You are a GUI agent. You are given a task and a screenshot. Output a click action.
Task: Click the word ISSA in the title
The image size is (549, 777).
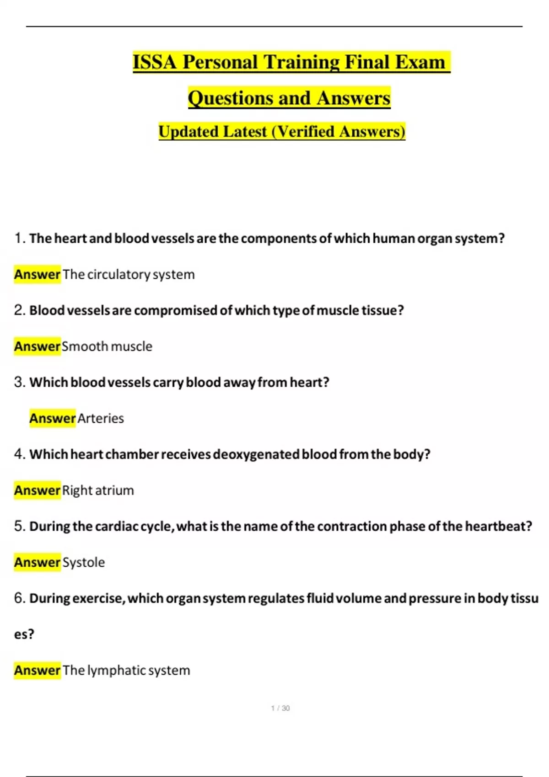pyautogui.click(x=154, y=62)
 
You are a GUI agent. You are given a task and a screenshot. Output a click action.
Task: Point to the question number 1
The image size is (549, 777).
pyautogui.click(x=19, y=238)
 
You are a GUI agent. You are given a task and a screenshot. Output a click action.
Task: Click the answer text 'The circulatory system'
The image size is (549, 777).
pyautogui.click(x=129, y=274)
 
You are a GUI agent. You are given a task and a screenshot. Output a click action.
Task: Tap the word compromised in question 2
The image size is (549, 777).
pyautogui.click(x=176, y=310)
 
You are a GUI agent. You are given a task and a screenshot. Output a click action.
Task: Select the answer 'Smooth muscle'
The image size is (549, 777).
pyautogui.click(x=107, y=346)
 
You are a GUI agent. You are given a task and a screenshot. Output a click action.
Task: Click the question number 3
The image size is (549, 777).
pyautogui.click(x=19, y=382)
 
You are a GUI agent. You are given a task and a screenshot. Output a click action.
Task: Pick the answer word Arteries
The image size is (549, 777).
pyautogui.click(x=101, y=418)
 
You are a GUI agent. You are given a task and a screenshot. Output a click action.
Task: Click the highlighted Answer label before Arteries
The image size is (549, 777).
pyautogui.click(x=52, y=418)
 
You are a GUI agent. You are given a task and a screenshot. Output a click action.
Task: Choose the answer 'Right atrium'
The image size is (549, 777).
pyautogui.click(x=98, y=490)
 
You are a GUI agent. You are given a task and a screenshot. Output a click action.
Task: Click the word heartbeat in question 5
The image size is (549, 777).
pyautogui.click(x=498, y=526)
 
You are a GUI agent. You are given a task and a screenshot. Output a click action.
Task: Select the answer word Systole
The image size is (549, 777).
pyautogui.click(x=83, y=562)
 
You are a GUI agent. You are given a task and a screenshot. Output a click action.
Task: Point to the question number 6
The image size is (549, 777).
pyautogui.click(x=19, y=598)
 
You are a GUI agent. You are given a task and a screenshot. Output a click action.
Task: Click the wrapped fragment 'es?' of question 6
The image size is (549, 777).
pyautogui.click(x=24, y=634)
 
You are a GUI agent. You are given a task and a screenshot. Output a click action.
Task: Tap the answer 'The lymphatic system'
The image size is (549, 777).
pyautogui.click(x=126, y=671)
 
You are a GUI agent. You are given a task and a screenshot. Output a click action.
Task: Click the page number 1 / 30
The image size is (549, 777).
pyautogui.click(x=280, y=708)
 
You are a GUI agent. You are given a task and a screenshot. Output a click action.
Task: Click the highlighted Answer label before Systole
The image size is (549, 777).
pyautogui.click(x=37, y=562)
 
